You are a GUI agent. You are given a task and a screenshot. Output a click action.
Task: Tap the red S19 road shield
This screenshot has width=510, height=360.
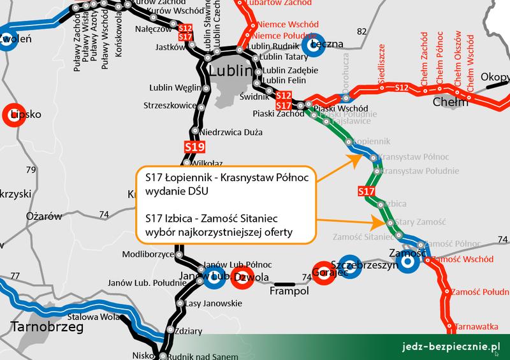coord(195,148)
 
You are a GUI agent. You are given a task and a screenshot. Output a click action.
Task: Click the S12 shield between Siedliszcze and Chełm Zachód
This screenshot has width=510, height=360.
coord(401,87)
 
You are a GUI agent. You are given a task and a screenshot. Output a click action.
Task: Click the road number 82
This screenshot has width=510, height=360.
coord(363,32)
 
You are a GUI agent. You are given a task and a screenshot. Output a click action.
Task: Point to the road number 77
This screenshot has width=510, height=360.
coord(15,276)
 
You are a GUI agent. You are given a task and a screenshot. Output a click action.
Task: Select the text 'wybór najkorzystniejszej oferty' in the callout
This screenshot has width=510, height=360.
coord(214,232)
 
